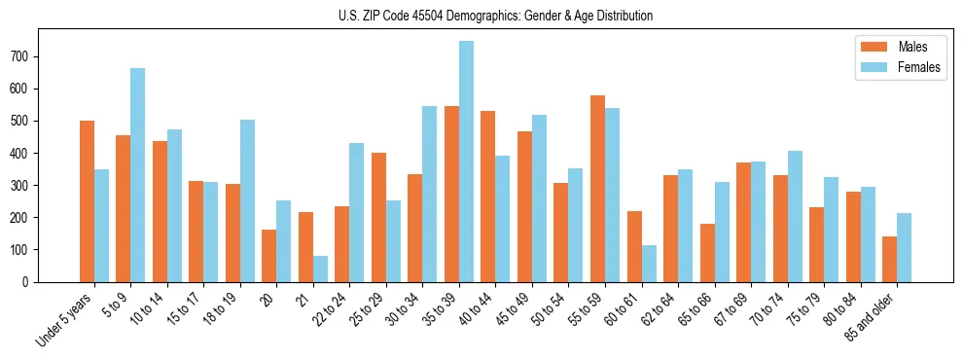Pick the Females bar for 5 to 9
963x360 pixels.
click(x=138, y=175)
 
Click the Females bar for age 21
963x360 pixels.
click(x=320, y=269)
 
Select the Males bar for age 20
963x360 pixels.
click(x=268, y=256)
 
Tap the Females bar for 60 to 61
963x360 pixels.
click(x=649, y=264)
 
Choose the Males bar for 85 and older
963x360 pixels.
click(x=889, y=259)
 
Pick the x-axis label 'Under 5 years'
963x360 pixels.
click(x=64, y=321)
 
